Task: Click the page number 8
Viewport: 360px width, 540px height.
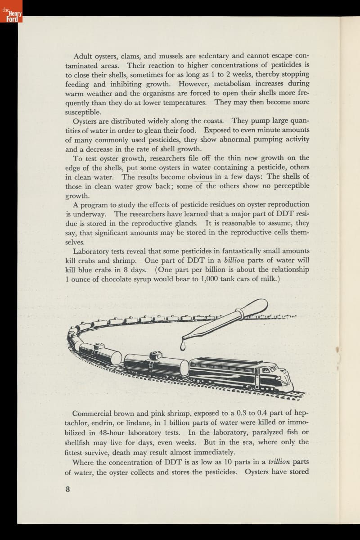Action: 67,490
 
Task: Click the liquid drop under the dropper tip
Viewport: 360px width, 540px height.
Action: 182,346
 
